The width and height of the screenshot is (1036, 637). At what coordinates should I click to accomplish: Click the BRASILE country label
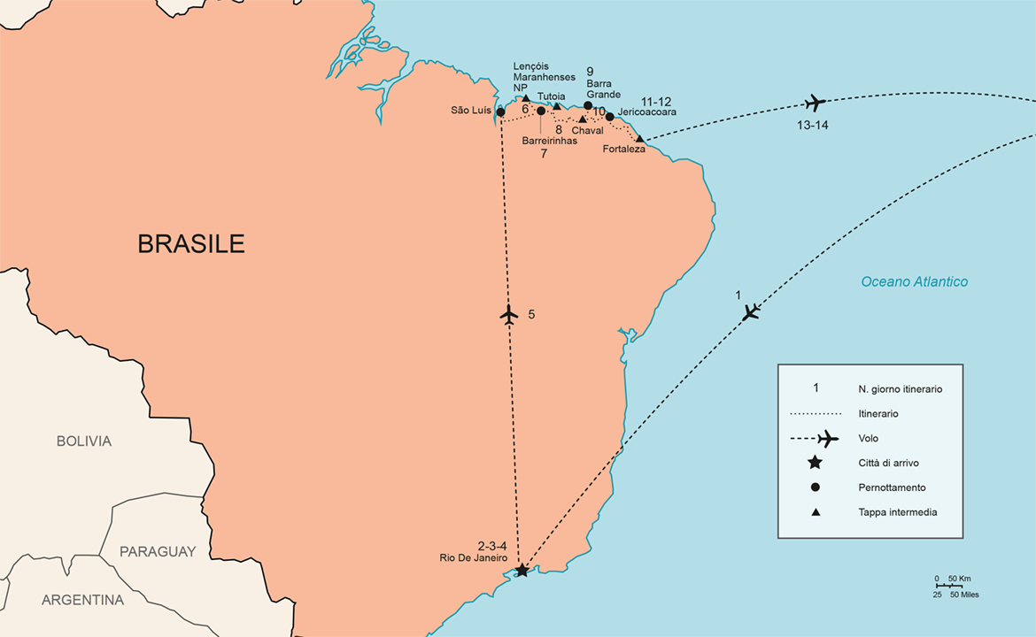[191, 243]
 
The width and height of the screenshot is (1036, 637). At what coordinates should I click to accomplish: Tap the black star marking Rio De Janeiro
[522, 571]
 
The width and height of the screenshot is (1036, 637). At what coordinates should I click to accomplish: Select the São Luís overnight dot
[500, 112]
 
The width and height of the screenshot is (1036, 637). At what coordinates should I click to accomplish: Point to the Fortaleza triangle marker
[639, 139]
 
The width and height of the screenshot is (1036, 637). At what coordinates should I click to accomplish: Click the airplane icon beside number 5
[508, 314]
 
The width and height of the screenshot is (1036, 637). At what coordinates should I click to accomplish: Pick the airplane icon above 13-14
[815, 103]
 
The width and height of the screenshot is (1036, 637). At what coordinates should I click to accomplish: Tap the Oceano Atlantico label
[915, 281]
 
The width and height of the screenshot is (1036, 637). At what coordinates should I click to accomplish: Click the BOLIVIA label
[84, 441]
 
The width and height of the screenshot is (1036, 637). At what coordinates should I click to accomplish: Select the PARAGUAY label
[158, 551]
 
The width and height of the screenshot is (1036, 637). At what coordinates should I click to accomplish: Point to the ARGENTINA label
[83, 600]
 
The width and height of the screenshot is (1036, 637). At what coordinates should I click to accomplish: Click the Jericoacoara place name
[648, 112]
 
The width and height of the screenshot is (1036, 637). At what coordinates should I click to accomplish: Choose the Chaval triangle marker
[582, 119]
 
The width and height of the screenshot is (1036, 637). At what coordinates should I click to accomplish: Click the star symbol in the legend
[815, 463]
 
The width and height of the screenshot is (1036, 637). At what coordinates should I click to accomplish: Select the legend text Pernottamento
[892, 487]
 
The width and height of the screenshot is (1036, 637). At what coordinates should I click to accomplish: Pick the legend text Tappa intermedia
[897, 512]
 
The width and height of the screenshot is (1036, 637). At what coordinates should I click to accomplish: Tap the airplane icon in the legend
[826, 438]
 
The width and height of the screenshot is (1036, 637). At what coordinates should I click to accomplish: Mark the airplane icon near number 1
[751, 311]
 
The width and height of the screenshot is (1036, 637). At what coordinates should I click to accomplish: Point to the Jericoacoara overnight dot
[609, 116]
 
